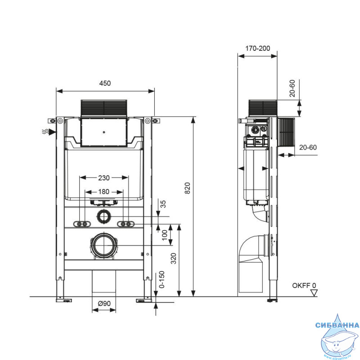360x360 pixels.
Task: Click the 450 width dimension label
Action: pos(105,83)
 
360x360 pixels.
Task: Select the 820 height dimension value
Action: pos(188,188)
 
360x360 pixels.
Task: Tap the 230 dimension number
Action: pos(104,178)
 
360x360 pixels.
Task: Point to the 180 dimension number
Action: pos(104,192)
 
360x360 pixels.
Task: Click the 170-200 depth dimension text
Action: pos(257,49)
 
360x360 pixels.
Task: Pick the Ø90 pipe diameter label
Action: pos(104,303)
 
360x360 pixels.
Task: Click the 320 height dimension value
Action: pos(174,258)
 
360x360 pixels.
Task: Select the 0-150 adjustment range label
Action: pos(162,279)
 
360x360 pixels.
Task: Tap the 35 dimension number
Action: pos(163,204)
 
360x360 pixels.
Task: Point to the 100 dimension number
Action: pos(165,235)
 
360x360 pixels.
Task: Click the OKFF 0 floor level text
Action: pos(304,286)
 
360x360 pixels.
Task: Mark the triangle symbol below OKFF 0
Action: pos(314,293)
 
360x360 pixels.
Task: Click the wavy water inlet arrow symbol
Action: pos(49,132)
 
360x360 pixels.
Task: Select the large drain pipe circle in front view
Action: pos(104,245)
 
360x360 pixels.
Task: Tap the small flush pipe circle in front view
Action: pos(104,216)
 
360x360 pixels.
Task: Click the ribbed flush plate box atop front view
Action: pos(104,108)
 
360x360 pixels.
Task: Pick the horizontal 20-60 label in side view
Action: pos(308,148)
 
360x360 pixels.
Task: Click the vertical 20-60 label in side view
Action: pos(292,88)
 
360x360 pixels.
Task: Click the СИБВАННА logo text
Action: pos(337,325)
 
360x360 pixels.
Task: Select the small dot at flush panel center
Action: pos(104,132)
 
